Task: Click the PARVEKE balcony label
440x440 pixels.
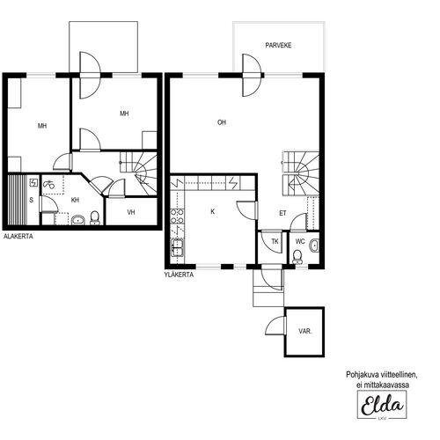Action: [x=278, y=46]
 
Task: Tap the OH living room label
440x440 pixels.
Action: [x=222, y=122]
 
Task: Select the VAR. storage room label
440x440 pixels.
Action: [x=305, y=332]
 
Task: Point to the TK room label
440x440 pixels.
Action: [x=275, y=241]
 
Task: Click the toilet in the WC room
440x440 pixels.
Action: [x=297, y=257]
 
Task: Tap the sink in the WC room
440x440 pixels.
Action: [x=315, y=246]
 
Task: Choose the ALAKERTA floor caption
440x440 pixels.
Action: [x=18, y=236]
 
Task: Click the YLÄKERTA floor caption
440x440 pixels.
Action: [x=179, y=275]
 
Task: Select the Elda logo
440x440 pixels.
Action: [x=382, y=405]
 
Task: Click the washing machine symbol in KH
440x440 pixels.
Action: [x=48, y=185]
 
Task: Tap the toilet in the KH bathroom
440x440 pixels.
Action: [x=95, y=218]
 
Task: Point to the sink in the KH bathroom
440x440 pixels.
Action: [x=78, y=220]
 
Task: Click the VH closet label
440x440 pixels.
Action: [x=131, y=212]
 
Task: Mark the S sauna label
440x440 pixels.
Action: [x=32, y=200]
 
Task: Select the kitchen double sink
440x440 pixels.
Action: [x=177, y=247]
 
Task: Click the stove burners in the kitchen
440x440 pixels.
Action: [x=177, y=216]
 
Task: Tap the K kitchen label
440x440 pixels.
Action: [x=213, y=211]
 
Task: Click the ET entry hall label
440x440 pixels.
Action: [x=282, y=213]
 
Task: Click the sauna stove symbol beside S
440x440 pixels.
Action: [x=33, y=183]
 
